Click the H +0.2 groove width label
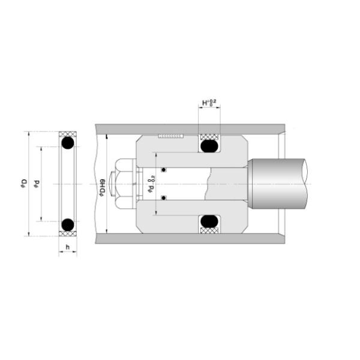pyautogui.click(x=209, y=103)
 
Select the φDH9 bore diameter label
pyautogui.click(x=103, y=183)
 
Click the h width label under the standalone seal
pyautogui.click(x=68, y=247)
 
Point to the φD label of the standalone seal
pyautogui.click(x=22, y=182)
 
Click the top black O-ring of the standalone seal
pyautogui.click(x=68, y=143)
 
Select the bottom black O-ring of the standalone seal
pyautogui.click(x=68, y=224)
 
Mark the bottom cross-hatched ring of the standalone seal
pyautogui.click(x=68, y=233)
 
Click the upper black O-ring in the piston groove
pyautogui.click(x=209, y=146)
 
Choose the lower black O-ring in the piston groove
pyautogui.click(x=209, y=222)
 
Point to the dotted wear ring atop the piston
pyautogui.click(x=170, y=137)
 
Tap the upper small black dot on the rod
pyautogui.click(x=163, y=169)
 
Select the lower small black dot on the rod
pyautogui.click(x=163, y=197)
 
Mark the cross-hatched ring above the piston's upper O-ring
pyautogui.click(x=209, y=136)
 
